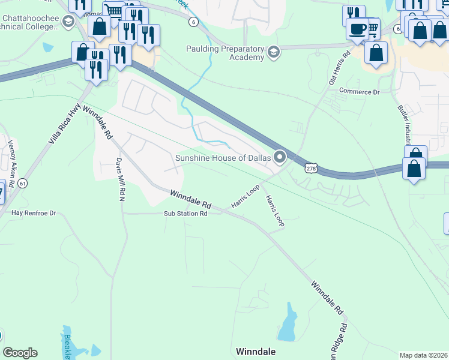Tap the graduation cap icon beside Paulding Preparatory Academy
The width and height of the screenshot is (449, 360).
pos(274,52)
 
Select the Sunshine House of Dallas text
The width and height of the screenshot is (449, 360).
pos(223,158)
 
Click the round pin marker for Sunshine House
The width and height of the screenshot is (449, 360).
pos(280,158)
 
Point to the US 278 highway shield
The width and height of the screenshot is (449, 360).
pos(310,169)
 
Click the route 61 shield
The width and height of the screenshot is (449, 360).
pos(22,183)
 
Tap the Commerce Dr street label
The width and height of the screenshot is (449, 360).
pos(360,92)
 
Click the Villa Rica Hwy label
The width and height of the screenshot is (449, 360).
pos(65,126)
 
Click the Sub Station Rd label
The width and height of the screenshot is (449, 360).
pos(185,214)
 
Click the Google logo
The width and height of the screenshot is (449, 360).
pos(20,353)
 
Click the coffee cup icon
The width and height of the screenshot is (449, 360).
pos(358,28)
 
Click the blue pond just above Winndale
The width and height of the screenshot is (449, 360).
pos(288,324)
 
